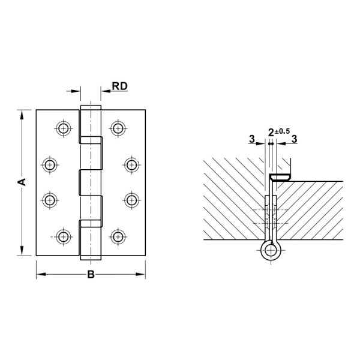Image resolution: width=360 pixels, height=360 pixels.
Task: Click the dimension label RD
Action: [x=119, y=86]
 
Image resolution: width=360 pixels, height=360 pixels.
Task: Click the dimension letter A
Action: [x=22, y=182]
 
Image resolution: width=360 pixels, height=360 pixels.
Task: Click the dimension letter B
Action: [x=91, y=274]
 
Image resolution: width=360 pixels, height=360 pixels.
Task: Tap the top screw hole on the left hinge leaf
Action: [x=64, y=128]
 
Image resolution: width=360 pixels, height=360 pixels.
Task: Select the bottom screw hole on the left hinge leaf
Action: [x=64, y=237]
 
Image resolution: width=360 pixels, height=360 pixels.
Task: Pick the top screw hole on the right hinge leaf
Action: [x=118, y=128]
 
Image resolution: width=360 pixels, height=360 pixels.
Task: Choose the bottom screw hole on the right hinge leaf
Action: [x=118, y=237]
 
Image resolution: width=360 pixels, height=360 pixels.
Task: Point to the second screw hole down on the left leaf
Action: [x=50, y=164]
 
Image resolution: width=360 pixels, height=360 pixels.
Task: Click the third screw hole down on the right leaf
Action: [x=132, y=200]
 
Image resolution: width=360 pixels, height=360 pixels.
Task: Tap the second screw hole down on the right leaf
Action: [x=132, y=164]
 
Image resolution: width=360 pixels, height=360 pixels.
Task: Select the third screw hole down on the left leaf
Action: [x=50, y=200]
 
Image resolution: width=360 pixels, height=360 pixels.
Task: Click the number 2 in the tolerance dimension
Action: [x=271, y=133]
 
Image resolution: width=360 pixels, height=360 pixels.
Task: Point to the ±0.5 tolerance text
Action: [x=282, y=131]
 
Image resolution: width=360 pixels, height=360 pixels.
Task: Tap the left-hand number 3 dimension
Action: [x=252, y=139]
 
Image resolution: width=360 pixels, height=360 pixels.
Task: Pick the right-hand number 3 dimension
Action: [x=294, y=139]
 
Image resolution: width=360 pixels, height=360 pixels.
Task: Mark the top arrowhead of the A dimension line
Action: [x=22, y=115]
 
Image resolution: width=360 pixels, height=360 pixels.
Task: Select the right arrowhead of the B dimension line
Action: [x=140, y=274]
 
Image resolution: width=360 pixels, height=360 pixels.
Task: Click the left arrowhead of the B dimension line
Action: [x=41, y=274]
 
